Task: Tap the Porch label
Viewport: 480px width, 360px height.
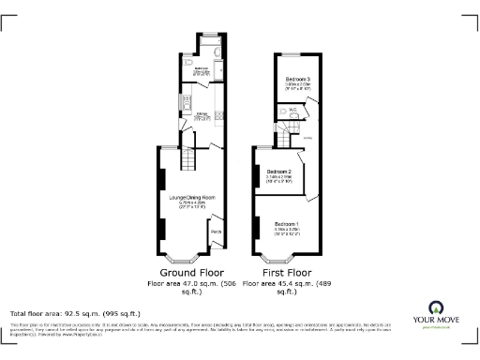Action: pos(216,232)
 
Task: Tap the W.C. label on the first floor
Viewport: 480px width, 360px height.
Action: pos(293,110)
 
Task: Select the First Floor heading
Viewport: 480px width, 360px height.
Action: pos(284,272)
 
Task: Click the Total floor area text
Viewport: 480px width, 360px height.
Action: pos(75,313)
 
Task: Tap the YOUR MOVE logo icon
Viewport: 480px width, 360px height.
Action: pos(435,307)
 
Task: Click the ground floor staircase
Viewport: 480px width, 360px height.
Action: pos(187,165)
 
